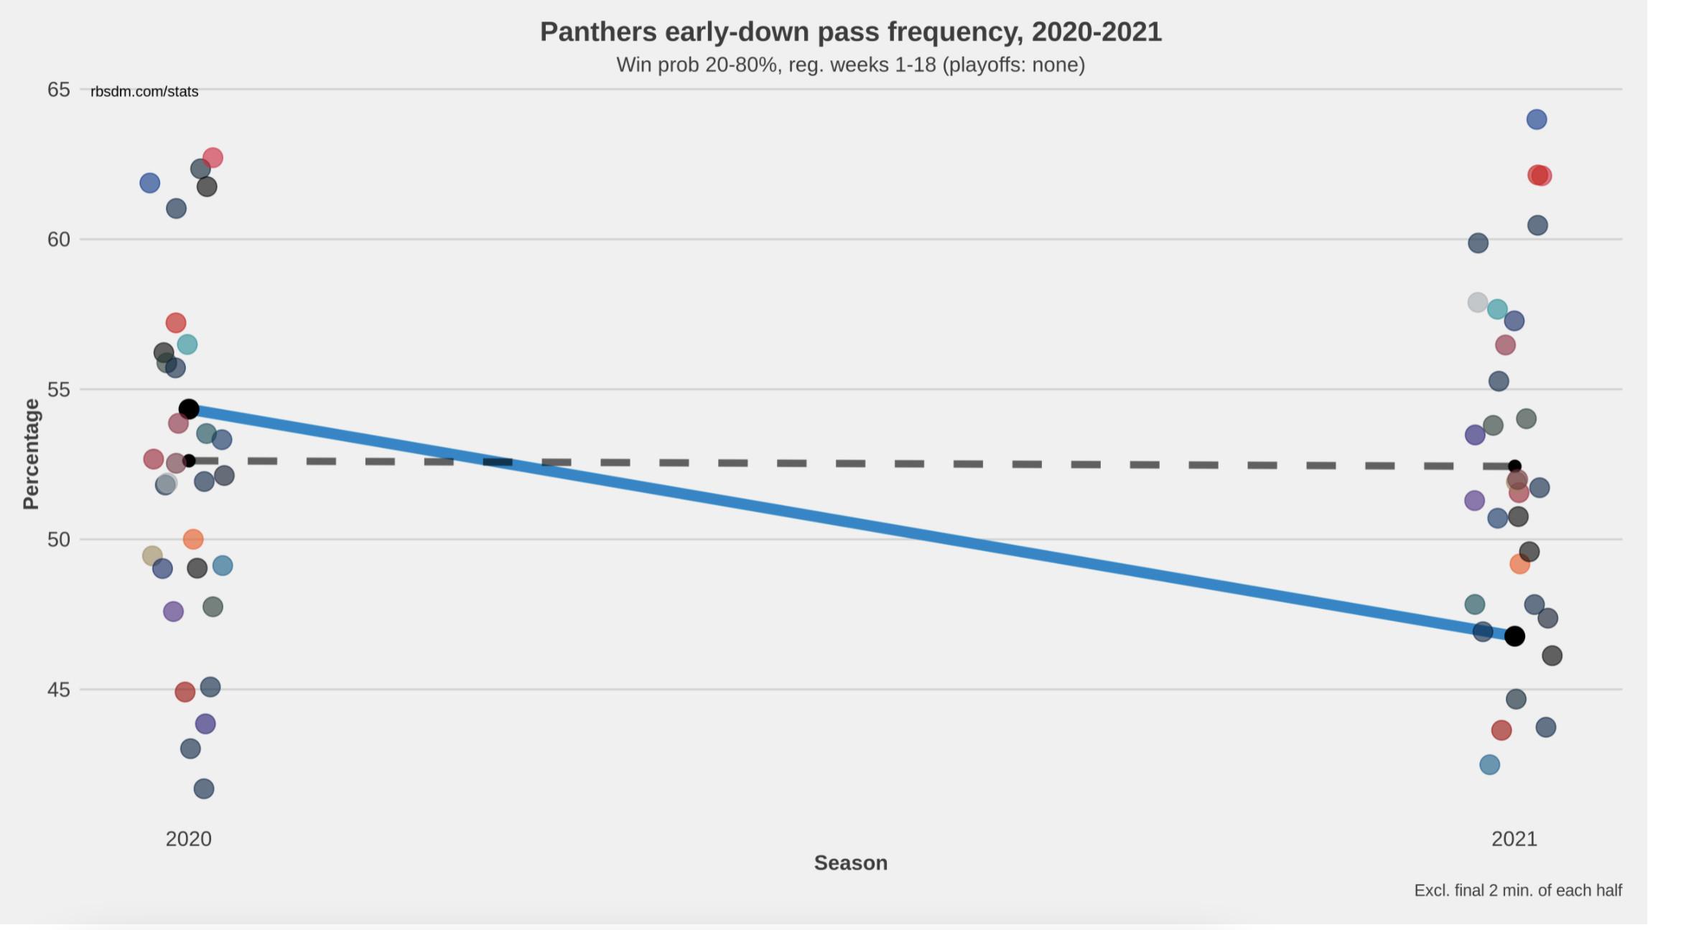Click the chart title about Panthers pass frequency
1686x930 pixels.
pyautogui.click(x=850, y=32)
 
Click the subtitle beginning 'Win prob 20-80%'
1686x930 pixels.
pyautogui.click(x=850, y=65)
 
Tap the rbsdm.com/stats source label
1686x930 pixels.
pyautogui.click(x=144, y=92)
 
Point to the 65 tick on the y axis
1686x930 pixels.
pyautogui.click(x=59, y=90)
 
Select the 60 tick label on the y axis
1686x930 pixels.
pyautogui.click(x=59, y=240)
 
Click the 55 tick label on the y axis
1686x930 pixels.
pyautogui.click(x=59, y=390)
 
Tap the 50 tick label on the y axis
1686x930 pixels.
pyautogui.click(x=59, y=540)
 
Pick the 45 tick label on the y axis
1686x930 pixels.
pyautogui.click(x=59, y=690)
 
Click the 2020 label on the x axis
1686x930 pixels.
pyautogui.click(x=188, y=839)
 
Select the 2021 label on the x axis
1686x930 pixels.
pyautogui.click(x=1514, y=839)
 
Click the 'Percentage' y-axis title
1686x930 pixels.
pyautogui.click(x=31, y=454)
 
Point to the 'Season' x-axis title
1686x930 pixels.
pyautogui.click(x=850, y=863)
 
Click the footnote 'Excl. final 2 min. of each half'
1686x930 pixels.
pyautogui.click(x=1518, y=891)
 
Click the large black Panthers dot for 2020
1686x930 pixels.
pyautogui.click(x=188, y=409)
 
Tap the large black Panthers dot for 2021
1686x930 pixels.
pyautogui.click(x=1514, y=636)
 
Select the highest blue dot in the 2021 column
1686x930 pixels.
pyautogui.click(x=1536, y=119)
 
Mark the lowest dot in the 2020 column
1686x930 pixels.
pyautogui.click(x=204, y=789)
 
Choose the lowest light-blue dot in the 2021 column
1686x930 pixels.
pyautogui.click(x=1489, y=764)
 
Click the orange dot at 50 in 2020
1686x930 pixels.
pyautogui.click(x=192, y=539)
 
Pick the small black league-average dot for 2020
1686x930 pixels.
pyautogui.click(x=189, y=461)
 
